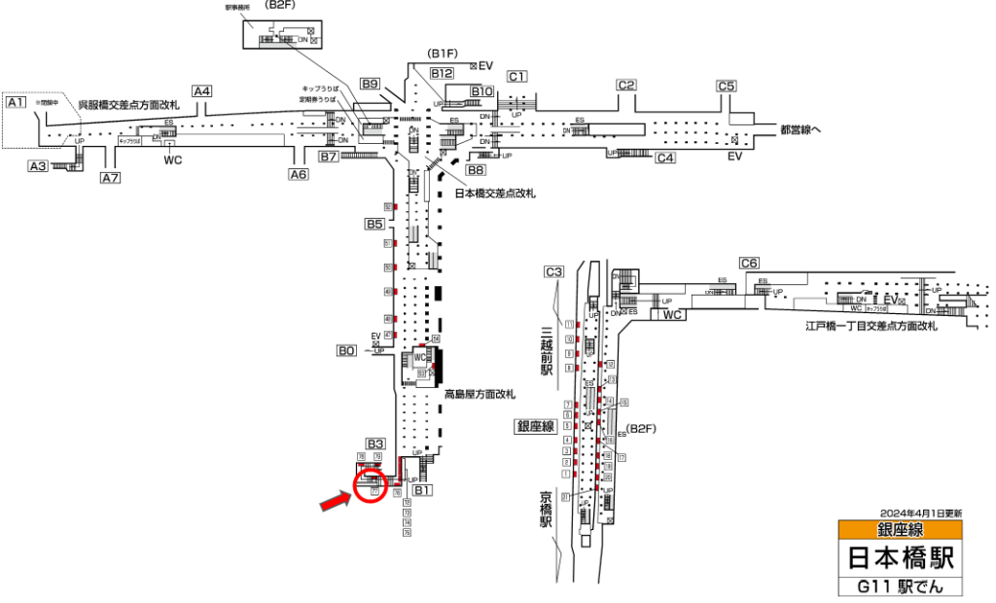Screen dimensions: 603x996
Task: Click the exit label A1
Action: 16,102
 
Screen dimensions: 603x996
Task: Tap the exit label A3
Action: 38,166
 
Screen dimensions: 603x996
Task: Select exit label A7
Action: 110,178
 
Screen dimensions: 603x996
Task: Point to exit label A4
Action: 201,91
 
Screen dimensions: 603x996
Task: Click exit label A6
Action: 298,175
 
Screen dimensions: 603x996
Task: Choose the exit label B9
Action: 370,85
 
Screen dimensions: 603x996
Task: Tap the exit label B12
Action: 443,73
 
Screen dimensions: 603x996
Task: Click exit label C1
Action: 516,76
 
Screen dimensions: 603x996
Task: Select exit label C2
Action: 626,85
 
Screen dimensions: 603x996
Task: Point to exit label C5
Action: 727,85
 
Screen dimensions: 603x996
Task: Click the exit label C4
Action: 665,158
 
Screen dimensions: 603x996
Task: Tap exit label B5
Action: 375,225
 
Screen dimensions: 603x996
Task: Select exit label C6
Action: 749,263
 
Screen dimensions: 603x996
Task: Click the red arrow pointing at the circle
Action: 337,500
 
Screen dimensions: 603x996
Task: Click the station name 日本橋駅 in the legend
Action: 900,558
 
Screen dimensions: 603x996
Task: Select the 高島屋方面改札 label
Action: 480,395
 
